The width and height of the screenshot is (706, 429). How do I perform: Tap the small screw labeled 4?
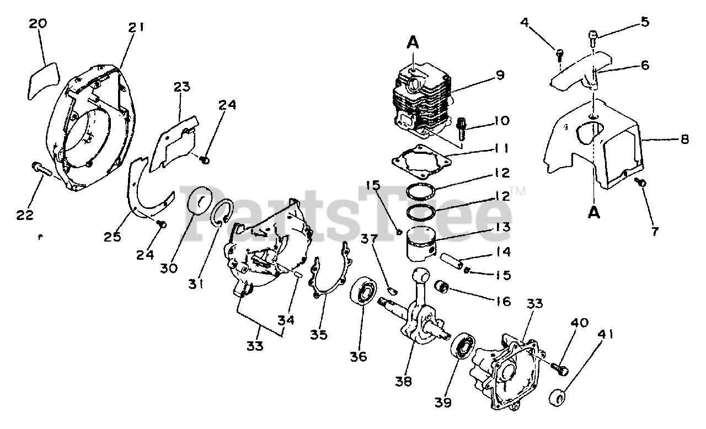click(x=560, y=54)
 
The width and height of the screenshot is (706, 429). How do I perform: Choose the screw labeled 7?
click(x=642, y=182)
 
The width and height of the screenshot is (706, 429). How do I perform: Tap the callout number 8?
click(x=684, y=140)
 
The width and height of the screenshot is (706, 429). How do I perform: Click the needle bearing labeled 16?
click(x=442, y=287)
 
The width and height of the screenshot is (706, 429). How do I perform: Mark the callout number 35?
click(x=319, y=334)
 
